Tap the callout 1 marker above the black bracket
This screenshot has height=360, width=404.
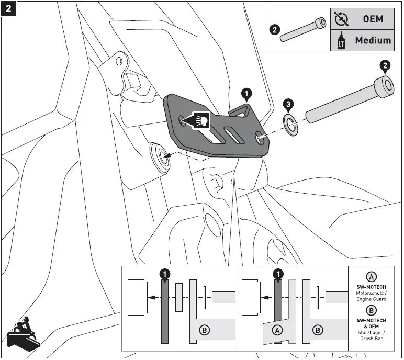246,94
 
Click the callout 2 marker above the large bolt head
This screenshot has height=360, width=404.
385,66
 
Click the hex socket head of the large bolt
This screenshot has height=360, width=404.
385,85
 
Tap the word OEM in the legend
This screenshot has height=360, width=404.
373,19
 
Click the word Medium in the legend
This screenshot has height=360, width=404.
373,40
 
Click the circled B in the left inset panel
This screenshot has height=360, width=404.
205,330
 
